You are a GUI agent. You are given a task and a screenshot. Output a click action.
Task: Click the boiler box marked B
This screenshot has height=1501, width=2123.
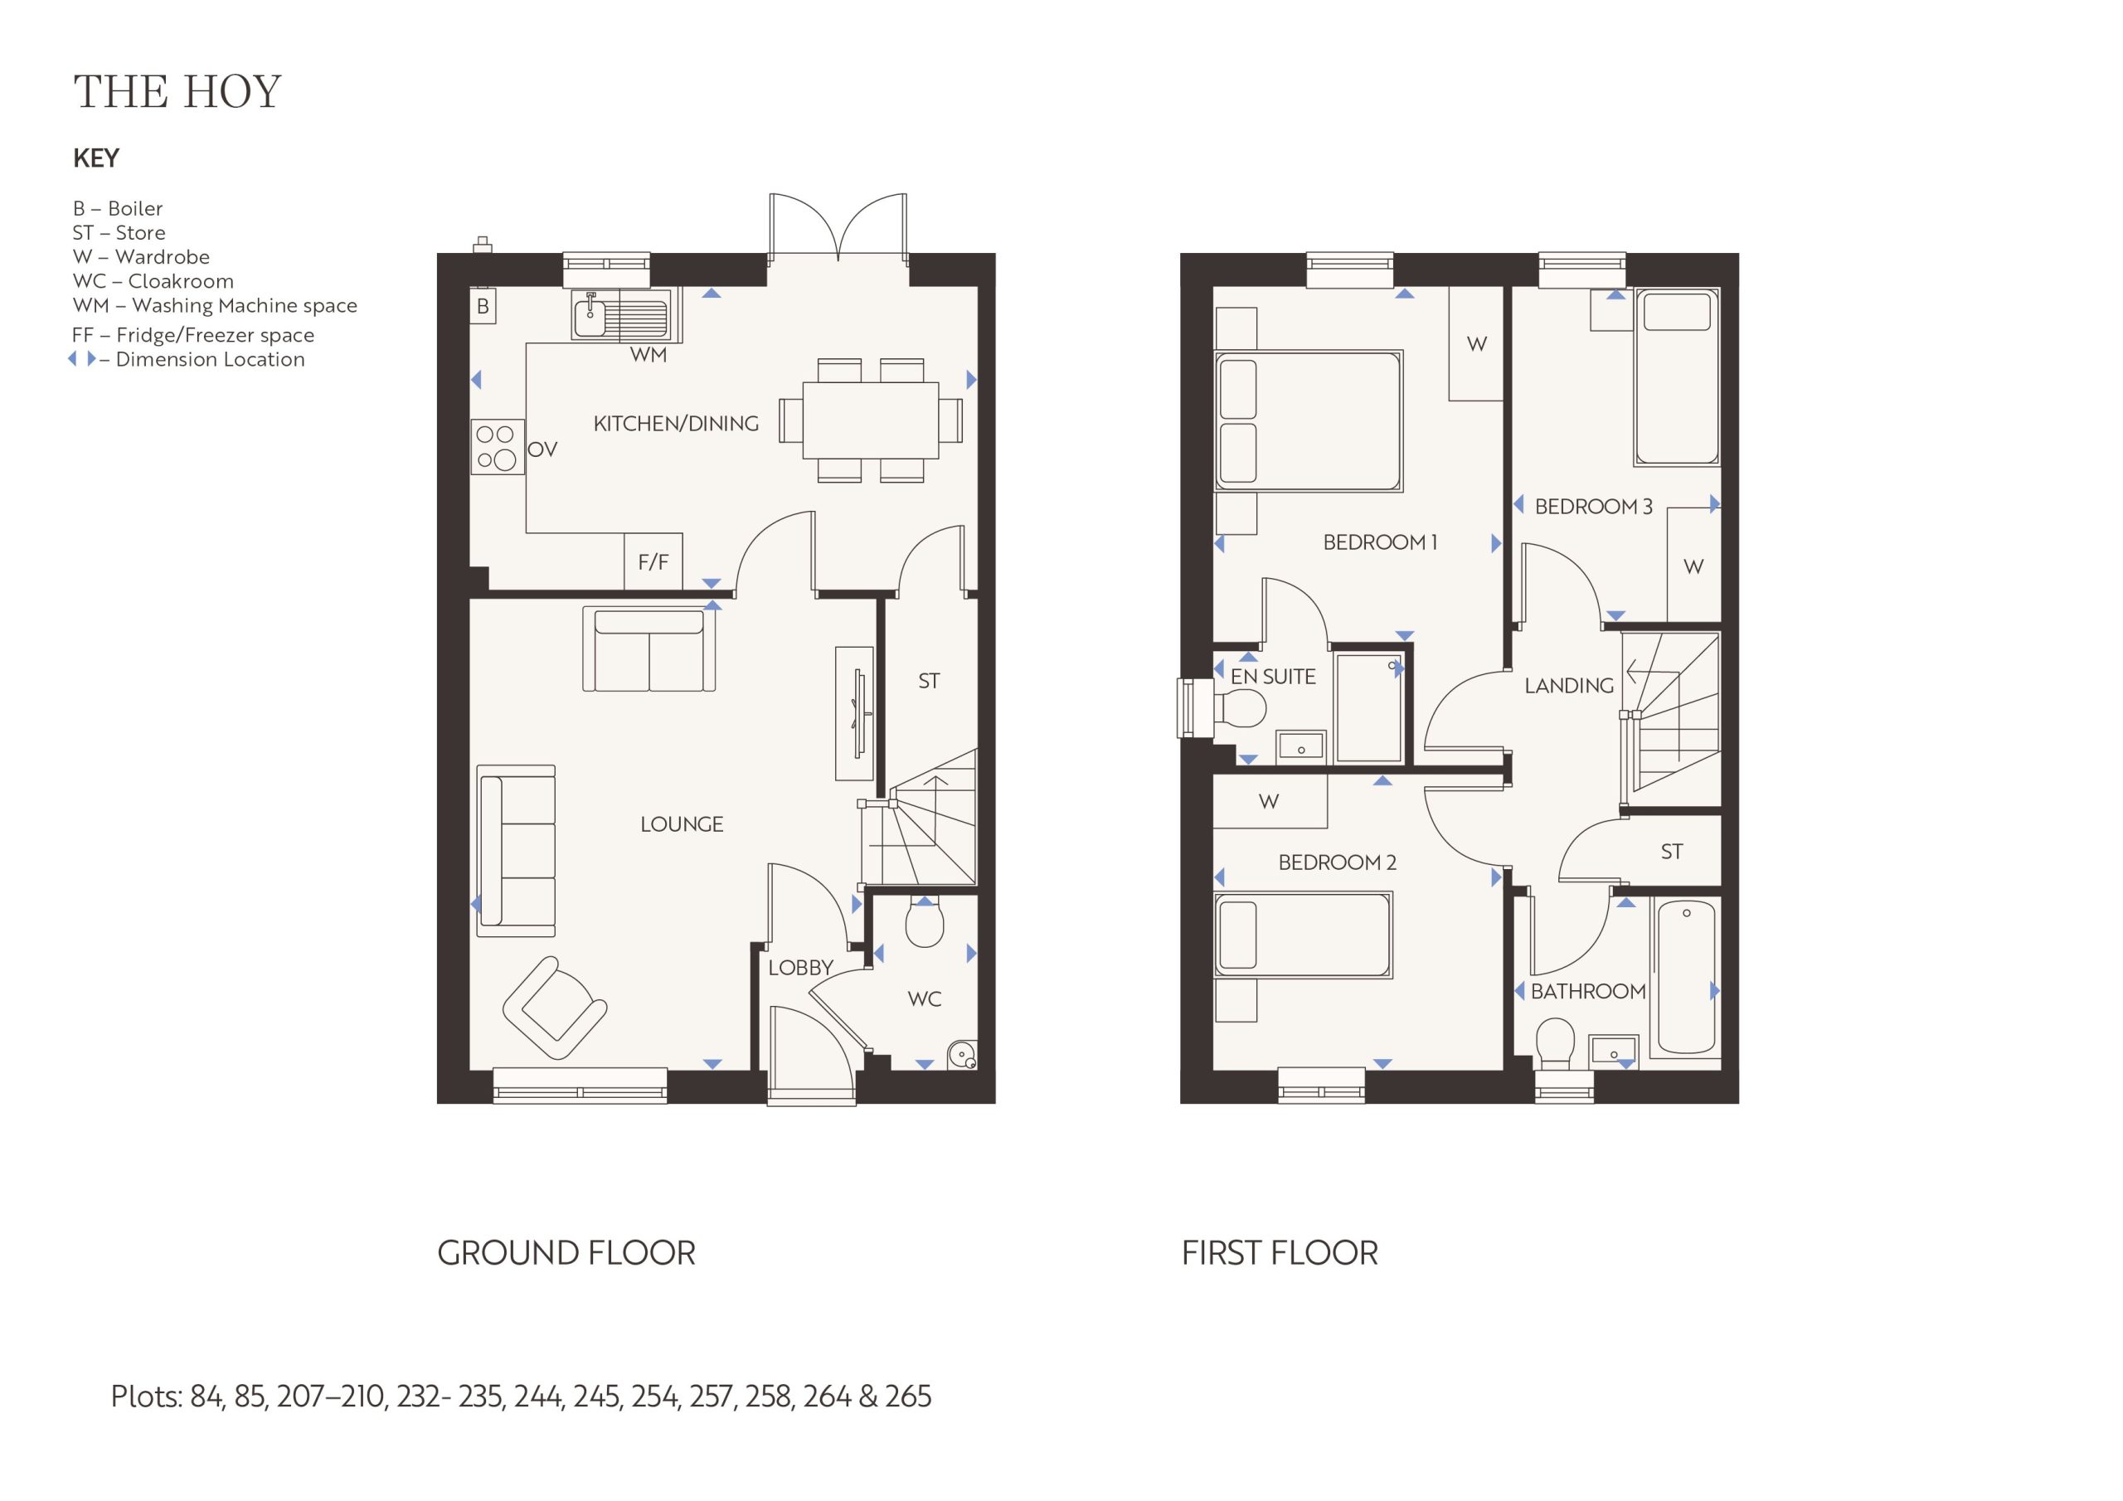[483, 306]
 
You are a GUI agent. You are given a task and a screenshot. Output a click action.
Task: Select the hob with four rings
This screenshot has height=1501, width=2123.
[498, 448]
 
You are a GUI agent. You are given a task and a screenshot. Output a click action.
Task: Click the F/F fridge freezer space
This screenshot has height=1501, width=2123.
[653, 561]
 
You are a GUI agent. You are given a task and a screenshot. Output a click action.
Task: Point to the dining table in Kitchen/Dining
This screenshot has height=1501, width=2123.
[871, 420]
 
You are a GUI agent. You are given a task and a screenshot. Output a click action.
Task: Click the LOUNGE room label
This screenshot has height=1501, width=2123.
[682, 824]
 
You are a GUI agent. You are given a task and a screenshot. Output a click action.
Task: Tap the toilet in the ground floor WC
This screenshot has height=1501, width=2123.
[925, 921]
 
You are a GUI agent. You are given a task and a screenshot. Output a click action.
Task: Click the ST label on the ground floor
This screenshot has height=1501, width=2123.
[928, 682]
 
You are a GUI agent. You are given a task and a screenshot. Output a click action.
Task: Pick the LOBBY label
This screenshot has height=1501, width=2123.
[801, 968]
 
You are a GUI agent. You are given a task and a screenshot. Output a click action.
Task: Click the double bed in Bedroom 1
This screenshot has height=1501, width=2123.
[1309, 420]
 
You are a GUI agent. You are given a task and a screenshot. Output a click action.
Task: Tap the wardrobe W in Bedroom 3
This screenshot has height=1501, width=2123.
[1693, 565]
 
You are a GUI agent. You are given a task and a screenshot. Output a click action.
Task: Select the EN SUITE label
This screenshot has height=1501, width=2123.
[1272, 677]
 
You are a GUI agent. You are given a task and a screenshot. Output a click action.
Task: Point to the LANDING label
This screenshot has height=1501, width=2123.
[1568, 685]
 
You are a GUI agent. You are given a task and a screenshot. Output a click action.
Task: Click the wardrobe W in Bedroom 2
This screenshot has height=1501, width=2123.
[1270, 801]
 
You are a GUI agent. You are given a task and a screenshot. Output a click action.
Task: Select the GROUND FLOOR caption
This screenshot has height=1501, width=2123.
[566, 1253]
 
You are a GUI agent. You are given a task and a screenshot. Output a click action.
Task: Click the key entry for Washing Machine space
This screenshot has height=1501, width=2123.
[215, 305]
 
